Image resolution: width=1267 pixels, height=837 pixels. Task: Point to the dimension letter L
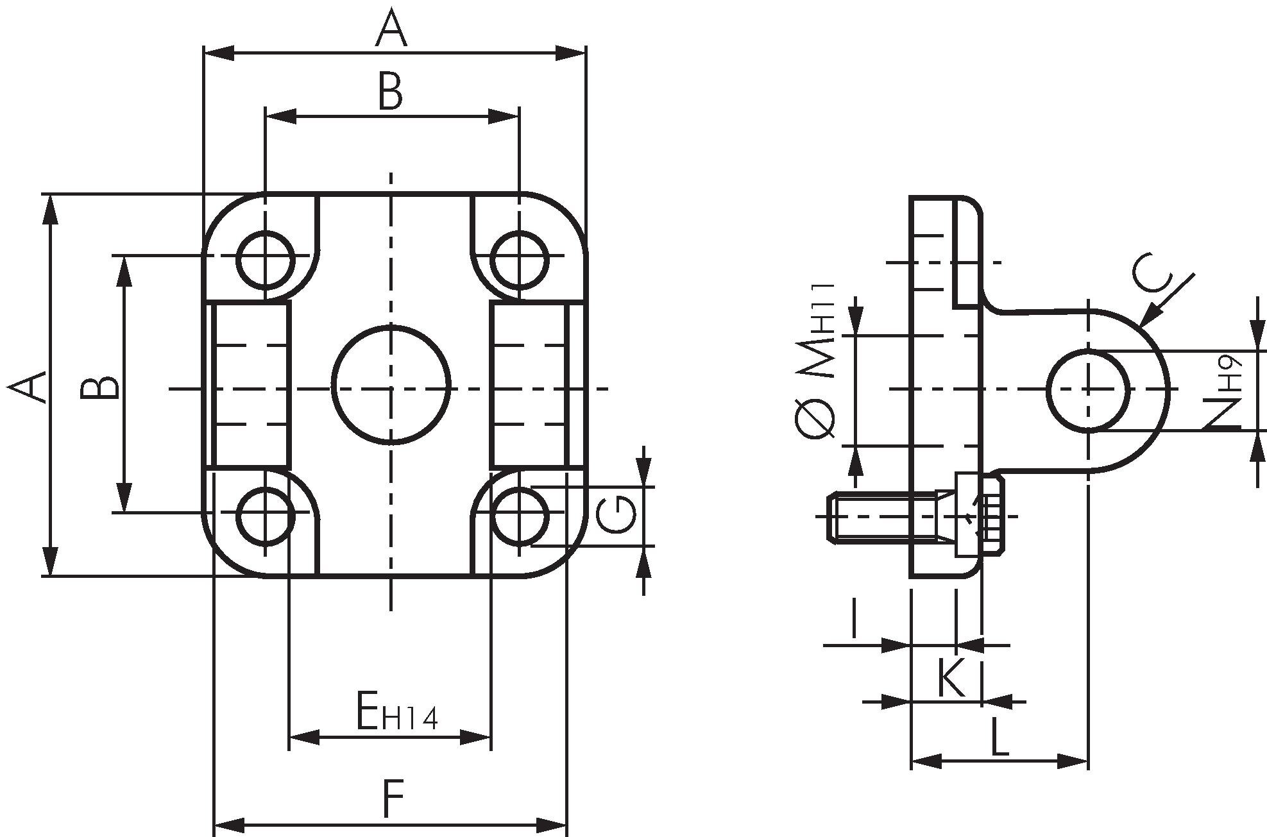(999, 737)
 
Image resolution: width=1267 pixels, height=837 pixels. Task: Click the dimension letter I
(853, 619)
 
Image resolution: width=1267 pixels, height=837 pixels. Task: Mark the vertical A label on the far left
(29, 387)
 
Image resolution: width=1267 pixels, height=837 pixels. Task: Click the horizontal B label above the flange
(390, 92)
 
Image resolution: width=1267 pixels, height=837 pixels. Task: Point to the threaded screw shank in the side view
(879, 516)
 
